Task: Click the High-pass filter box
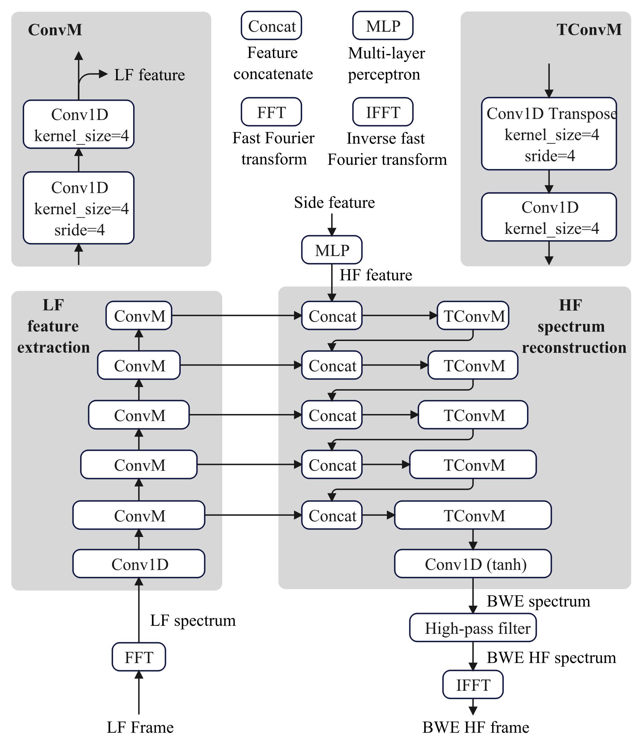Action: pyautogui.click(x=473, y=628)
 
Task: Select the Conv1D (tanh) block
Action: pyautogui.click(x=473, y=564)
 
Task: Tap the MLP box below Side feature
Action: pyautogui.click(x=332, y=250)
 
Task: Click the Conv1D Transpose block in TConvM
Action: pyautogui.click(x=549, y=133)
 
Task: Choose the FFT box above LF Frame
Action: pyautogui.click(x=138, y=657)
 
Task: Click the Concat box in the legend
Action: pyautogui.click(x=271, y=25)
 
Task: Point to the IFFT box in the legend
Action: pyautogui.click(x=383, y=112)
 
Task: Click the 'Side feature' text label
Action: pyautogui.click(x=334, y=202)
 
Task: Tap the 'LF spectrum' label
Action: pyautogui.click(x=192, y=620)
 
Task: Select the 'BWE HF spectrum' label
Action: pyautogui.click(x=551, y=658)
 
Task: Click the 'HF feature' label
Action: pyautogui.click(x=376, y=275)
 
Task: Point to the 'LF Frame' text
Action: pyautogui.click(x=140, y=727)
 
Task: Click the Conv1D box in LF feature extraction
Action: pyautogui.click(x=138, y=564)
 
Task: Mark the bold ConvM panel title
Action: pyautogui.click(x=55, y=29)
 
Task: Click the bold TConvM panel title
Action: pyautogui.click(x=589, y=29)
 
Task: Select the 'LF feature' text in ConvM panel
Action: pyautogui.click(x=149, y=75)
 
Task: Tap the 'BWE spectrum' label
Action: pyautogui.click(x=538, y=601)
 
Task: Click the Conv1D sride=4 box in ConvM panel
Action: pyautogui.click(x=79, y=208)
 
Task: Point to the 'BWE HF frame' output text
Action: pyautogui.click(x=475, y=727)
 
